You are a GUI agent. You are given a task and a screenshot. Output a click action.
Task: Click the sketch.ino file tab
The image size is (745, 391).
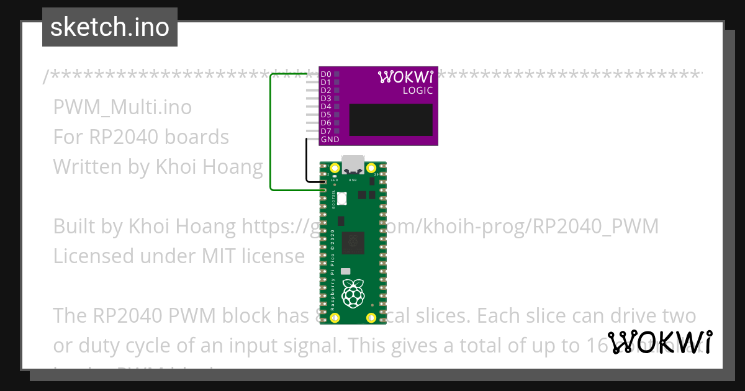[x=110, y=27]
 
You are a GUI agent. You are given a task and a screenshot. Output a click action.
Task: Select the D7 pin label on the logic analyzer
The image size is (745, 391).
[x=325, y=131]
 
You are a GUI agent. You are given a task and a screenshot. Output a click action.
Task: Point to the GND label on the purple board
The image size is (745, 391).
[x=330, y=140]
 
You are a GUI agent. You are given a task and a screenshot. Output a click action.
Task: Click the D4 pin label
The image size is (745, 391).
[x=325, y=107]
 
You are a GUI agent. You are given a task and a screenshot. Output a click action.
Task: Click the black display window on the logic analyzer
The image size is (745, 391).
[x=391, y=120]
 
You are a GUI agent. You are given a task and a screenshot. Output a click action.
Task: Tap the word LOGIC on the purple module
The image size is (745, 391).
[x=417, y=91]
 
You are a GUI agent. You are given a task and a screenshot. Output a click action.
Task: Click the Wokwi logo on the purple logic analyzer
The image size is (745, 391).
[x=405, y=77]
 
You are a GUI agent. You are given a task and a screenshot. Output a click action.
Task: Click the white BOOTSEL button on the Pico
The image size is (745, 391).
[x=341, y=198]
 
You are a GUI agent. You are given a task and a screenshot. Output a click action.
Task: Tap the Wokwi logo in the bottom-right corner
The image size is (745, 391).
[x=660, y=342]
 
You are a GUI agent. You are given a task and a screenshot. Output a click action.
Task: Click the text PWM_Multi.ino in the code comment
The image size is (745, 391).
[x=122, y=107]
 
